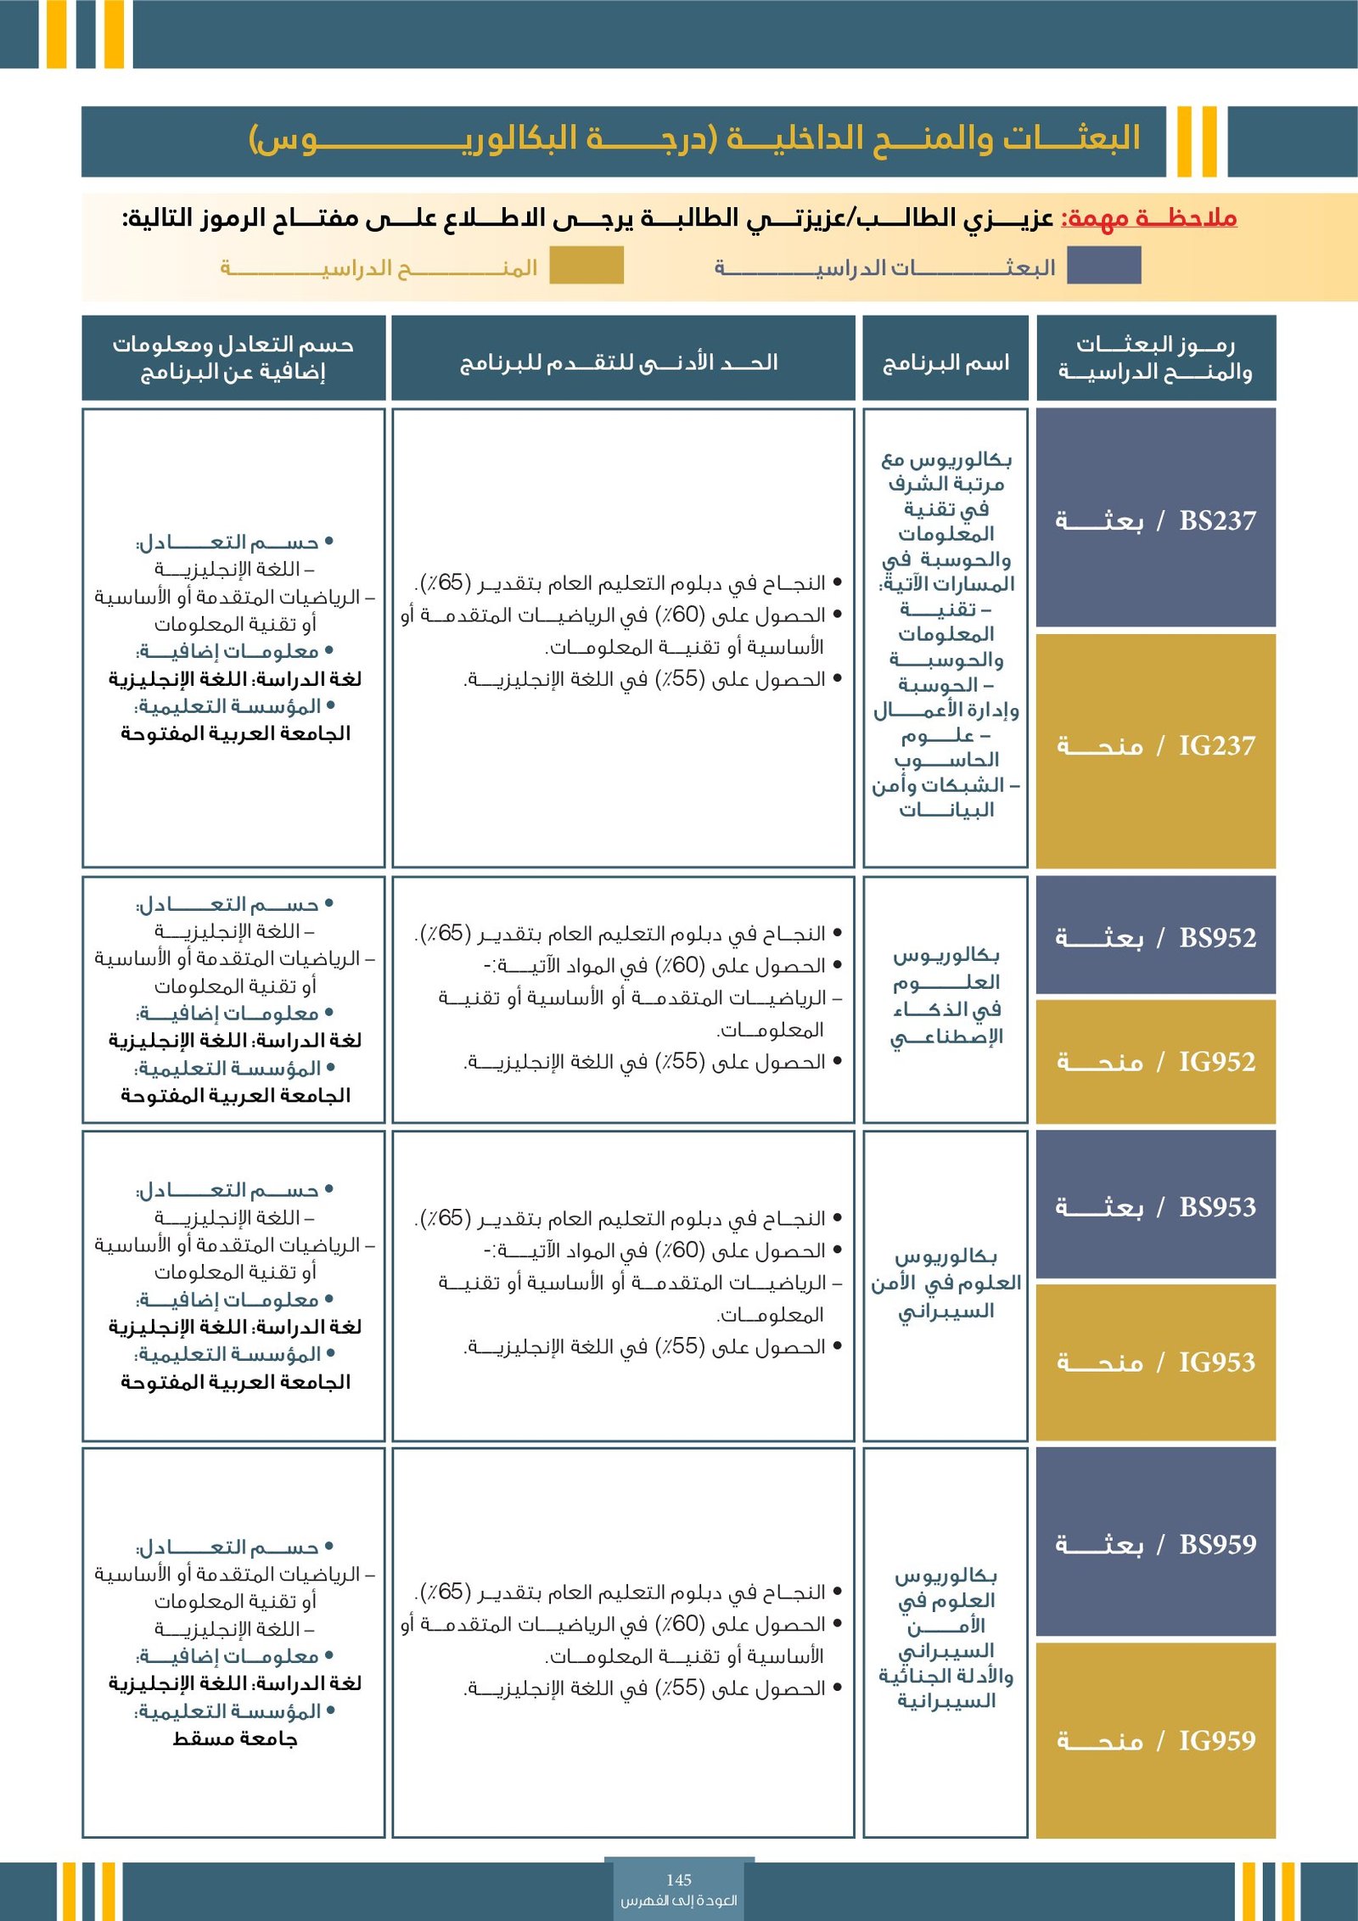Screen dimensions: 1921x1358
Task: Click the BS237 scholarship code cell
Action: pyautogui.click(x=1156, y=520)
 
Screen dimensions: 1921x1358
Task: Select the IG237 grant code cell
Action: pyautogui.click(x=1156, y=746)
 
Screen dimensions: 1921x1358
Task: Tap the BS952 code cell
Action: pyautogui.click(x=1156, y=937)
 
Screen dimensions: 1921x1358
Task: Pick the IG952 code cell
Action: pyautogui.click(x=1156, y=1061)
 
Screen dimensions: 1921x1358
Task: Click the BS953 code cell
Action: pyautogui.click(x=1156, y=1206)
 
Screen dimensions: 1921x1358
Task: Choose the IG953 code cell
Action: pyautogui.click(x=1156, y=1362)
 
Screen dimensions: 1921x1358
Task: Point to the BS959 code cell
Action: pyautogui.click(x=1156, y=1544)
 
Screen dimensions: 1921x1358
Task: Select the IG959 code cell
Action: pyautogui.click(x=1156, y=1740)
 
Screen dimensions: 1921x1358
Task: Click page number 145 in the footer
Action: pyautogui.click(x=679, y=1879)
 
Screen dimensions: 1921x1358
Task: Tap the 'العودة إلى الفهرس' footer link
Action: pyautogui.click(x=679, y=1901)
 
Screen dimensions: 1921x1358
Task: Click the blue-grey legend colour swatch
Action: pyautogui.click(x=1103, y=266)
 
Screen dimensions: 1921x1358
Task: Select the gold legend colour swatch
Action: pyautogui.click(x=586, y=266)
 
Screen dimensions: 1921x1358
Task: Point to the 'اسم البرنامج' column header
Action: pyautogui.click(x=946, y=363)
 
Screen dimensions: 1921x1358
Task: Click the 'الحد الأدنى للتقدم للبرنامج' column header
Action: pyautogui.click(x=622, y=363)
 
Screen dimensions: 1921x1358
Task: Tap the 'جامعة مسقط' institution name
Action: pyautogui.click(x=235, y=1739)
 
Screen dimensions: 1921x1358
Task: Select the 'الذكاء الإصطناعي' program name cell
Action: pyautogui.click(x=946, y=996)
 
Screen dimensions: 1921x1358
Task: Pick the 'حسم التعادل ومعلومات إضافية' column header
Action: pyautogui.click(x=233, y=357)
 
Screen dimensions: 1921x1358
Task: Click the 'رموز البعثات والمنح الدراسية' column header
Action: pyautogui.click(x=1156, y=357)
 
